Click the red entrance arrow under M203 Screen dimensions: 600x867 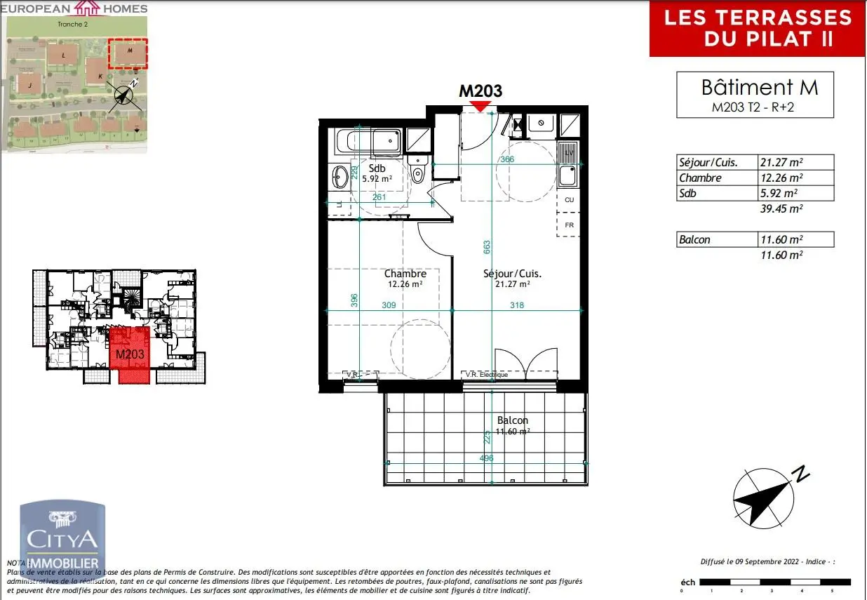(480, 105)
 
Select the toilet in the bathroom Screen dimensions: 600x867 (419, 171)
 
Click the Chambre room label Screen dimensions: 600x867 (405, 274)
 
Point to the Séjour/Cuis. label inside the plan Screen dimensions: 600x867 (512, 274)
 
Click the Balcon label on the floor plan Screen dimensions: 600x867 (512, 420)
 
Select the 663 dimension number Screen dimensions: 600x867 (487, 247)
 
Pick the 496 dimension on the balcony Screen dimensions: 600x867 (486, 458)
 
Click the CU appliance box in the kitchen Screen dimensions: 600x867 (569, 200)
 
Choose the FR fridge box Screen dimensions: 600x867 (569, 225)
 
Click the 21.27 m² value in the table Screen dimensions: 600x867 (781, 163)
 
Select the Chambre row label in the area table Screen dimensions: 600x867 (700, 178)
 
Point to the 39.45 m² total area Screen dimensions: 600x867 (781, 208)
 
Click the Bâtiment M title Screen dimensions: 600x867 (759, 88)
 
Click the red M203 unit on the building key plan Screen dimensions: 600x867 (130, 354)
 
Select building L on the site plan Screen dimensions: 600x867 (64, 54)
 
